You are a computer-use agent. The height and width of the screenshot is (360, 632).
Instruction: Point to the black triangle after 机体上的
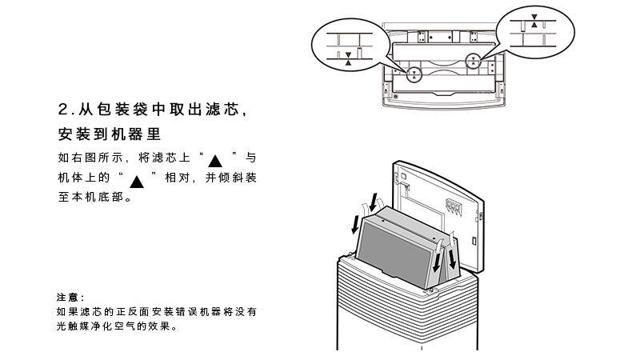[x=136, y=180]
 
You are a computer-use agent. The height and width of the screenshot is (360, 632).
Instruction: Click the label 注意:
[x=70, y=298]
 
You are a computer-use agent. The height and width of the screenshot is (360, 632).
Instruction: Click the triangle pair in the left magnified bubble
[x=348, y=56]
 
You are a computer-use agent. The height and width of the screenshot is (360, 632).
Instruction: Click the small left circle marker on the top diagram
[x=414, y=75]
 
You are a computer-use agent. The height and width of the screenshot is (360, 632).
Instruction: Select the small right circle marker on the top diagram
[x=474, y=60]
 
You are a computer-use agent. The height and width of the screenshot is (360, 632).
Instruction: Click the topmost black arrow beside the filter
[x=373, y=195]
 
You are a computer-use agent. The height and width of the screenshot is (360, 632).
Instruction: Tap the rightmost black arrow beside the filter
[x=454, y=258]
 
